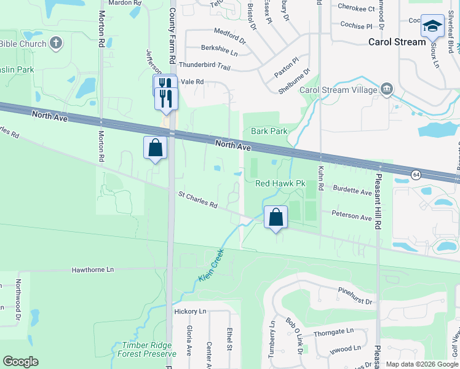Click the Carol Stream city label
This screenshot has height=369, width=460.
(x=397, y=42)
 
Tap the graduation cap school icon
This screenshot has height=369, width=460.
(x=432, y=26)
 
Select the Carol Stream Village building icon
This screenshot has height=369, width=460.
(x=387, y=89)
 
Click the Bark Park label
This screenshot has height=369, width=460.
(x=269, y=131)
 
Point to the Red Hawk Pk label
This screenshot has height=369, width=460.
(x=280, y=184)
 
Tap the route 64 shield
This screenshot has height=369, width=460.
(x=416, y=175)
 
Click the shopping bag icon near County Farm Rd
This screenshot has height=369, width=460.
(x=155, y=148)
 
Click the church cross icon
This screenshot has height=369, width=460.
(x=56, y=44)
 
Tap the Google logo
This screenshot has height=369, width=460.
(x=20, y=362)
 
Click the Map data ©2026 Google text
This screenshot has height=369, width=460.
(x=421, y=364)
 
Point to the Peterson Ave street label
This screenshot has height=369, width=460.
(x=352, y=216)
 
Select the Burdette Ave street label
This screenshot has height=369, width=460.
(x=353, y=191)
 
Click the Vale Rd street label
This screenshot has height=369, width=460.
(x=192, y=82)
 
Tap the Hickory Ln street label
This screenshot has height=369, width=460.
(x=189, y=312)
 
